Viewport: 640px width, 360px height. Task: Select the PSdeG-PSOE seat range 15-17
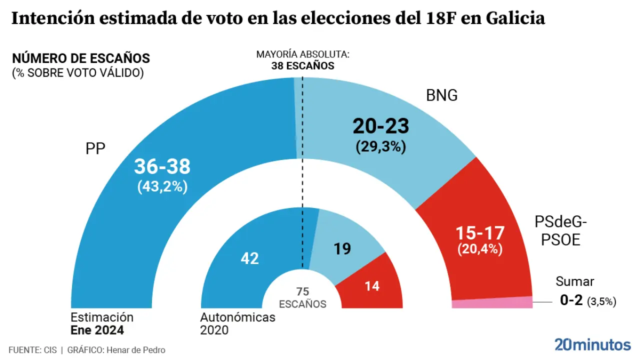pos(480,233)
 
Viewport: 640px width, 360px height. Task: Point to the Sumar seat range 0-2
pos(571,300)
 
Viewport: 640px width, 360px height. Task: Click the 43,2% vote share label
pos(162,186)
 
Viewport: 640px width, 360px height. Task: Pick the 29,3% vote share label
pos(381,146)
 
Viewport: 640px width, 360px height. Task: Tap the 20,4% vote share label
pos(480,249)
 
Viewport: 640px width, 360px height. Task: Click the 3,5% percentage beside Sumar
pos(601,301)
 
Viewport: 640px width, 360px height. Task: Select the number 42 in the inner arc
pos(249,258)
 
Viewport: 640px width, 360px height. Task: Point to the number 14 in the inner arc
pos(372,286)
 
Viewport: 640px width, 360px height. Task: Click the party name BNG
pos(441,95)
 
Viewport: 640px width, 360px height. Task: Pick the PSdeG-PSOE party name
pos(557,230)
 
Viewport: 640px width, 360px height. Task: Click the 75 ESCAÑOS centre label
pos(302,297)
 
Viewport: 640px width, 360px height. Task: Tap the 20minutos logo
pos(592,344)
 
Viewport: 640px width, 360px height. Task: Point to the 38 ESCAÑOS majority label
pos(302,66)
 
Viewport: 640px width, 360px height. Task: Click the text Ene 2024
pos(97,330)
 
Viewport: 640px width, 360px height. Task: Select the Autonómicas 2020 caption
pos(237,323)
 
